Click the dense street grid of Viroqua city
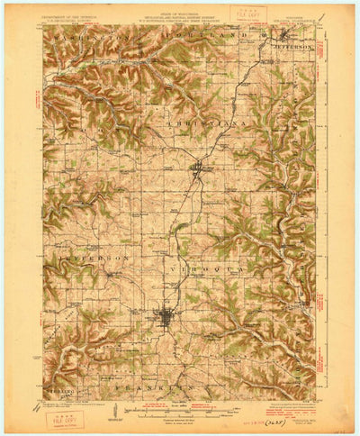(165, 316)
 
